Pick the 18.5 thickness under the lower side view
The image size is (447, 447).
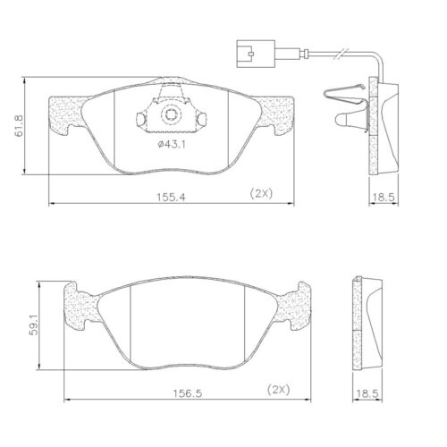click(368, 392)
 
